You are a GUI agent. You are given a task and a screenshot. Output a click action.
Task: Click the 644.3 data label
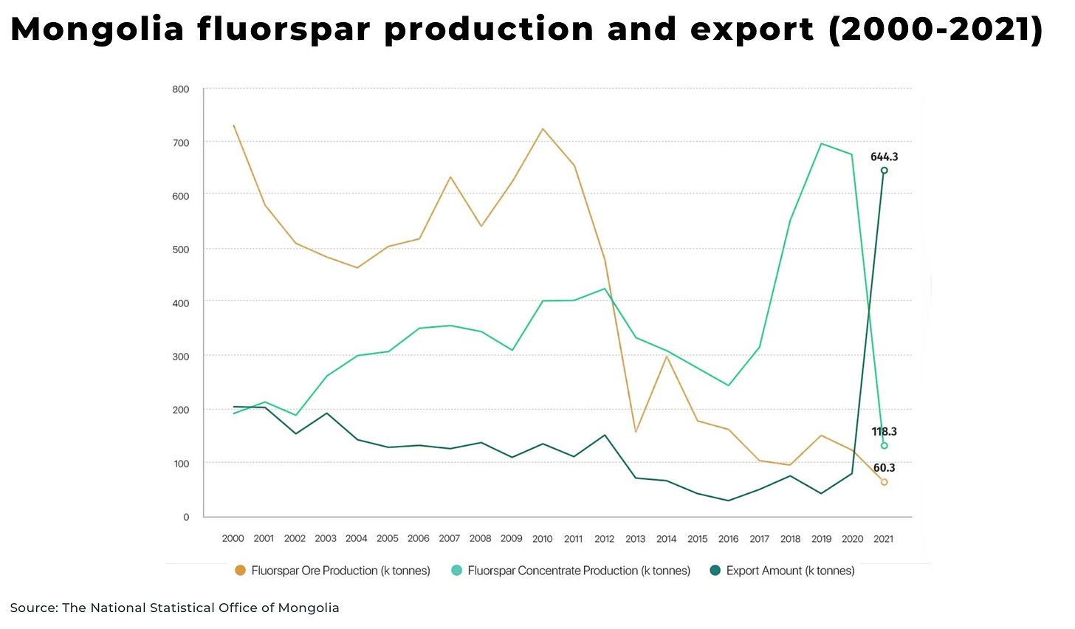click(x=884, y=157)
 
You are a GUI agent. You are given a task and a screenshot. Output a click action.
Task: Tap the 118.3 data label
click(x=884, y=432)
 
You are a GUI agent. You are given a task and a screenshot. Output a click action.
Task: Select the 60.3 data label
click(x=884, y=468)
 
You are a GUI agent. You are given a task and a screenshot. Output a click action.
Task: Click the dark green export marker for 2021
click(x=884, y=171)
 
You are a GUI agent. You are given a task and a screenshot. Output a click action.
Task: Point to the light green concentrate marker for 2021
click(x=884, y=446)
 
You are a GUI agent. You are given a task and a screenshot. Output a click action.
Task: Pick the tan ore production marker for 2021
click(x=884, y=482)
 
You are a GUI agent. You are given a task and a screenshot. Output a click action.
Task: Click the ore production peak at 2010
click(x=543, y=129)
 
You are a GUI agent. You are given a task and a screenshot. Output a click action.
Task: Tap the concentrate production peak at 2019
click(x=821, y=144)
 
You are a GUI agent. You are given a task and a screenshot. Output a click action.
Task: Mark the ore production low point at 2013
click(x=636, y=432)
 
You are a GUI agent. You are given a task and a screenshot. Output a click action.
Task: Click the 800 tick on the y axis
click(x=181, y=89)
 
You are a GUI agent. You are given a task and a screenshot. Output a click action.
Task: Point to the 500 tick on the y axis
click(x=181, y=250)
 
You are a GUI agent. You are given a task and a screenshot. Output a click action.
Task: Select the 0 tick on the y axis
click(x=186, y=517)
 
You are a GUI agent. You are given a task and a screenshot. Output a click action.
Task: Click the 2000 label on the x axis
click(x=233, y=539)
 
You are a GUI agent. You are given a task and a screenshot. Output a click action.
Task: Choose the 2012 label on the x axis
click(x=604, y=539)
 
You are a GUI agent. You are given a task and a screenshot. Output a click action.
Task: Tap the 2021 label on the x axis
click(x=883, y=539)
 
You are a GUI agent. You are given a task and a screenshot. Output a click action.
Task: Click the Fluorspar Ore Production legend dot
click(x=240, y=571)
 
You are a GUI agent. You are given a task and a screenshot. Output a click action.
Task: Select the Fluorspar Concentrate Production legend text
click(x=579, y=571)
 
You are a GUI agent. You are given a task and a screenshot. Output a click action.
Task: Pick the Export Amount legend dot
click(x=715, y=571)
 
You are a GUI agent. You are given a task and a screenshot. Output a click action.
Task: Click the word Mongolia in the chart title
click(x=97, y=30)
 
